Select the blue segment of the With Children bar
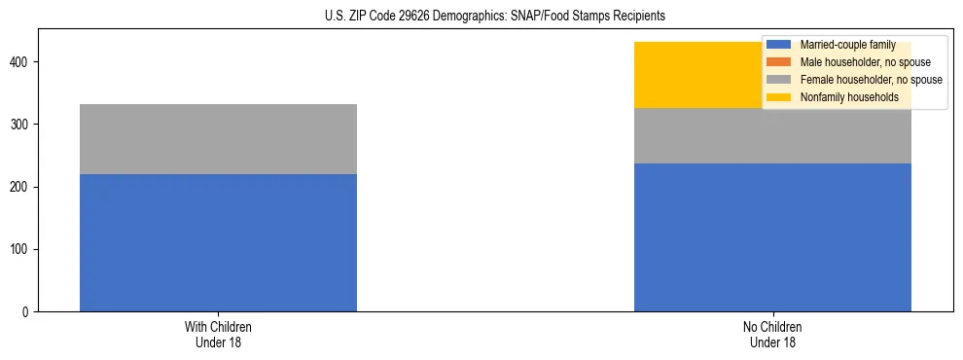[218, 243]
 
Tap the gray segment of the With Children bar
[218, 139]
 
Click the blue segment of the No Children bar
[772, 237]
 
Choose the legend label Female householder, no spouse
[871, 80]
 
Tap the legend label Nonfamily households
[848, 97]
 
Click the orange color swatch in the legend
[779, 62]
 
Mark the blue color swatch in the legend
[779, 45]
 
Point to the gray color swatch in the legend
[779, 80]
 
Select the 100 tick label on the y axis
[21, 250]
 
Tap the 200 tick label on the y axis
[21, 188]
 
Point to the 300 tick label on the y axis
[21, 126]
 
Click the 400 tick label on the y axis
[21, 62]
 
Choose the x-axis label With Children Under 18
[218, 335]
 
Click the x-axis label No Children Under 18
[772, 335]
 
